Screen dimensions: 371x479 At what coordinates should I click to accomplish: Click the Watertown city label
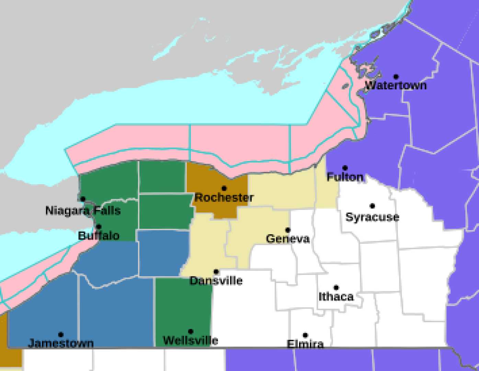[x=396, y=85]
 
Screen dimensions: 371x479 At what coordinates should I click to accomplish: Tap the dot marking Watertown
[x=396, y=77]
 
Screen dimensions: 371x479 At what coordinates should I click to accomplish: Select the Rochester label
[x=224, y=198]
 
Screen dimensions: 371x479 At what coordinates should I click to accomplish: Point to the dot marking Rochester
[x=224, y=188]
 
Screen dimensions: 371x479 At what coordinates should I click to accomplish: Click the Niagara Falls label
[x=83, y=210]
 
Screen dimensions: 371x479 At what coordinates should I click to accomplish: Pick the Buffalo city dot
[x=99, y=227]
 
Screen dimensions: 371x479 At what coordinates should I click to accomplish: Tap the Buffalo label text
[x=99, y=236]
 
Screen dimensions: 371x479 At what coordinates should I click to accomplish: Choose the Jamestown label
[x=61, y=343]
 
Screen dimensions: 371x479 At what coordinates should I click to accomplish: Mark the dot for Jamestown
[x=61, y=335]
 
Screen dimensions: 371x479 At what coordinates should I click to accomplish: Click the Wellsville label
[x=190, y=340]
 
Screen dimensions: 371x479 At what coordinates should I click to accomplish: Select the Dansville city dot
[x=216, y=272]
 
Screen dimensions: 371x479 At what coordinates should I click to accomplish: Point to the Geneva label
[x=288, y=239]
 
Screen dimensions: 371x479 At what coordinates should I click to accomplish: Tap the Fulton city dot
[x=345, y=168]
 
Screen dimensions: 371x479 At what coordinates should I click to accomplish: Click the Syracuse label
[x=372, y=217]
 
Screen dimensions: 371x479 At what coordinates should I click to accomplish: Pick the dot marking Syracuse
[x=372, y=206]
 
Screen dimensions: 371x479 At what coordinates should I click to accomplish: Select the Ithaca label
[x=336, y=296]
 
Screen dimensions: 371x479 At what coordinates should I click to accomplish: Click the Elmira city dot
[x=305, y=335]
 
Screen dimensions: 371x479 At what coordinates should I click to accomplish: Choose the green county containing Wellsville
[x=182, y=306]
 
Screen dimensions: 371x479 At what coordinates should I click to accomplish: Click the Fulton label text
[x=345, y=177]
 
